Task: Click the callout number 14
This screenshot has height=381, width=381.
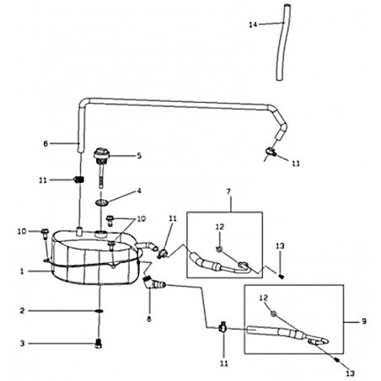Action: [x=253, y=24]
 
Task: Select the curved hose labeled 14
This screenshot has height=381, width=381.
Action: [x=281, y=42]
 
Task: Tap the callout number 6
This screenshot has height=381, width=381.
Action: [x=46, y=144]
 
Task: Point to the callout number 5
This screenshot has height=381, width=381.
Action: [x=139, y=156]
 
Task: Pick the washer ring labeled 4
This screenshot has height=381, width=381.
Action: [x=101, y=202]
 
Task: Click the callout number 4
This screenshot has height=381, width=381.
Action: [x=139, y=191]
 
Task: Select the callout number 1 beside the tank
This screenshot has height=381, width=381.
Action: [x=21, y=271]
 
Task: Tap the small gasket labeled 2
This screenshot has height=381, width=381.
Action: [x=99, y=311]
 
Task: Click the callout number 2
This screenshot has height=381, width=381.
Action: [x=22, y=311]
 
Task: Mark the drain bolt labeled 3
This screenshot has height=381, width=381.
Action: [x=98, y=344]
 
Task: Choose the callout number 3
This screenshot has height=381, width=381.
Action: [x=22, y=343]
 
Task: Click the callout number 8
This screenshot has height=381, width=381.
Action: [x=149, y=319]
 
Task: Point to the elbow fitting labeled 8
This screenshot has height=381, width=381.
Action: [x=154, y=283]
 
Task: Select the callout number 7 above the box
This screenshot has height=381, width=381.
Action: [x=228, y=191]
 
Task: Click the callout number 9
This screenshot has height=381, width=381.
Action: [x=364, y=321]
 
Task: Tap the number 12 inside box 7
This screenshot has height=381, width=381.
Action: [x=220, y=227]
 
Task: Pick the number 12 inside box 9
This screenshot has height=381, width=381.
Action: [x=263, y=298]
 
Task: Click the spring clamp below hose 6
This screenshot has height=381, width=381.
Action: [x=79, y=180]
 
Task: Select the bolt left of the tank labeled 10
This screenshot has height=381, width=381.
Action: [x=45, y=233]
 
